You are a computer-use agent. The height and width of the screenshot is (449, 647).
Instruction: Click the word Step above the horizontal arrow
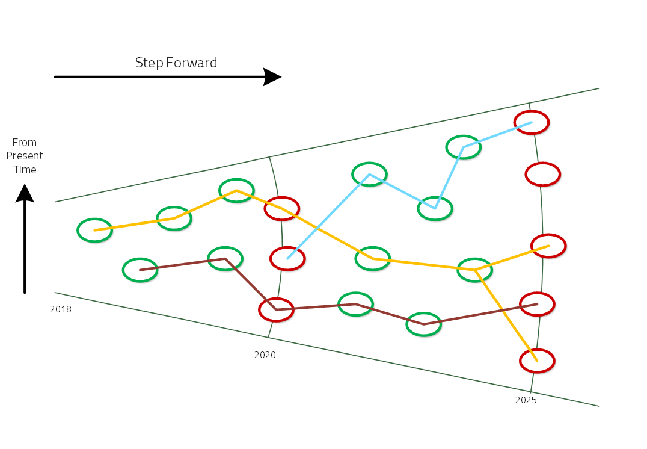(149, 63)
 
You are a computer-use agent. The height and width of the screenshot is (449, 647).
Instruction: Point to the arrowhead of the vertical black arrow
(25, 193)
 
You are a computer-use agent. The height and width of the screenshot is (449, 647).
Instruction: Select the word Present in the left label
(25, 156)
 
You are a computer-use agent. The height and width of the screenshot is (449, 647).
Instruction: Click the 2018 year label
(61, 309)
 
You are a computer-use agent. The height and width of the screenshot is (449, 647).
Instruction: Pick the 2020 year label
(265, 355)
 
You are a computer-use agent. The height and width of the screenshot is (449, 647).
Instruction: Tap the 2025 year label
(526, 400)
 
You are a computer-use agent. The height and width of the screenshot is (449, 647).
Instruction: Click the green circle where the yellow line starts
(95, 230)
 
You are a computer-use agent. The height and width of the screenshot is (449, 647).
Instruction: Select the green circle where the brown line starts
(140, 270)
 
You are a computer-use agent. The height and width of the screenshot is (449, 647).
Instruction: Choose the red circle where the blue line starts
(287, 258)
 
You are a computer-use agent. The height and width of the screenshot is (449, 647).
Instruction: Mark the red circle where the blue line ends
(532, 122)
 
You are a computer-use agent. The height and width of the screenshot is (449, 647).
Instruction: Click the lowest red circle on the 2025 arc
(537, 361)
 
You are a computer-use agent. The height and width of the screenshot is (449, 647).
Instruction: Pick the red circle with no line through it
(543, 174)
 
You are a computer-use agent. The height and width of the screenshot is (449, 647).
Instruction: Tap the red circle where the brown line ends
(537, 304)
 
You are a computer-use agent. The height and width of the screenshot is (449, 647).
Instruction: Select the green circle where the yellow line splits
(475, 270)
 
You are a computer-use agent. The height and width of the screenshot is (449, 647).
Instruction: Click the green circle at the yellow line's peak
(236, 190)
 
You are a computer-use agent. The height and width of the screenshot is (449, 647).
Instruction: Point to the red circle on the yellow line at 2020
(281, 208)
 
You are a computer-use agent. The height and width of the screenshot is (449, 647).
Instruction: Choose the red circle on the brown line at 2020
(277, 309)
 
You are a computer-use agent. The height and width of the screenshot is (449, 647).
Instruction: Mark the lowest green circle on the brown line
(424, 324)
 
